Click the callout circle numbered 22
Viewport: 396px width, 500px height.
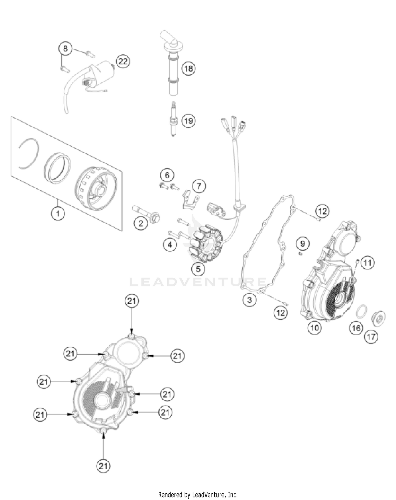click(x=123, y=62)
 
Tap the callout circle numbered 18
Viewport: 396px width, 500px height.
click(x=188, y=69)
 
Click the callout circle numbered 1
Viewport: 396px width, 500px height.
click(x=58, y=213)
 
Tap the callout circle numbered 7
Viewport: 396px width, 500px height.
click(x=199, y=186)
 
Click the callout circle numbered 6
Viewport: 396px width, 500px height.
click(x=167, y=175)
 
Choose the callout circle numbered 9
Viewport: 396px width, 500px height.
click(x=303, y=243)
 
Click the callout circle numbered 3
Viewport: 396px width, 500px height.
click(x=249, y=300)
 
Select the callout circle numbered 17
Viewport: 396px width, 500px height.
click(x=371, y=337)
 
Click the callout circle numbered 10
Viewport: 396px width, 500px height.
click(x=315, y=328)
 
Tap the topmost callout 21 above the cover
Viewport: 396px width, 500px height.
click(x=132, y=301)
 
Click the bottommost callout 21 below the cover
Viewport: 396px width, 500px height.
click(x=103, y=466)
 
